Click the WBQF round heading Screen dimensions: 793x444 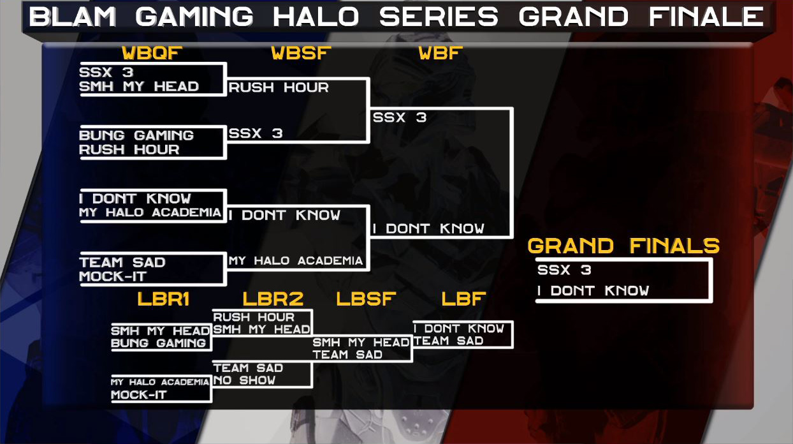[152, 53]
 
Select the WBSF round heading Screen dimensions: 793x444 [301, 53]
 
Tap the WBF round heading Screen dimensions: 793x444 [440, 53]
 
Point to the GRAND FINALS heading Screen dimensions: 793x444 [623, 246]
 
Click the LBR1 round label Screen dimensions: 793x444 [163, 299]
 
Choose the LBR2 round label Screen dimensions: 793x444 [273, 299]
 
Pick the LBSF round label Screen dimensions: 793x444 [366, 299]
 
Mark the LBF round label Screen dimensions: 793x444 [464, 299]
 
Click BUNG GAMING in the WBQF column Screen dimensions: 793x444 [136, 135]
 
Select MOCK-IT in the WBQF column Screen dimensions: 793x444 [113, 276]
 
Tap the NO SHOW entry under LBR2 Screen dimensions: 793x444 [244, 380]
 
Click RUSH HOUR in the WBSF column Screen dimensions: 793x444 [279, 87]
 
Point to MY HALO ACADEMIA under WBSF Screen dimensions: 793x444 [296, 261]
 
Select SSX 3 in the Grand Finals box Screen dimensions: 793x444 [564, 270]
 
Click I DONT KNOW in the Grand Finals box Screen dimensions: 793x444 [593, 291]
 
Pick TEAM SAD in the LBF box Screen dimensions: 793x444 [449, 341]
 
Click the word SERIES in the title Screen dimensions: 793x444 [439, 17]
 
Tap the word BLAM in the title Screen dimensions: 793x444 [73, 17]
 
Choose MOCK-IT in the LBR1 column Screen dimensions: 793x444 [139, 395]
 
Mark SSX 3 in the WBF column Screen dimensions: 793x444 [400, 117]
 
